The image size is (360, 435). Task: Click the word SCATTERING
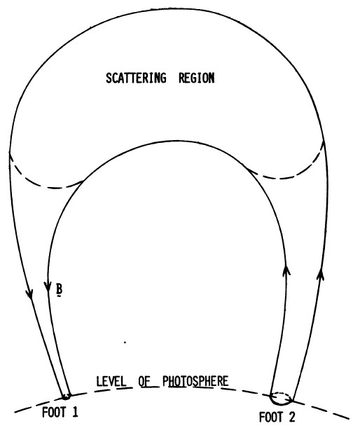pyautogui.click(x=136, y=78)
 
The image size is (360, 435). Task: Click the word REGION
pyautogui.click(x=197, y=78)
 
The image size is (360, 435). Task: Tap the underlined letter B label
pyautogui.click(x=59, y=289)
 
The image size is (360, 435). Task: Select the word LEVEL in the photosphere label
pyautogui.click(x=111, y=382)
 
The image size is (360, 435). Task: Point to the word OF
pyautogui.click(x=144, y=382)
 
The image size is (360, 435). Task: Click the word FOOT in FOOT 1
pyautogui.click(x=53, y=413)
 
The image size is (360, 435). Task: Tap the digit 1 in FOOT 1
pyautogui.click(x=75, y=413)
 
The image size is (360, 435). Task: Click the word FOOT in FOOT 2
pyautogui.click(x=270, y=417)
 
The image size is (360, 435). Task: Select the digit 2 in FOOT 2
pyautogui.click(x=291, y=417)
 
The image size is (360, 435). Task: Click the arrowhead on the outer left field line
pyautogui.click(x=29, y=294)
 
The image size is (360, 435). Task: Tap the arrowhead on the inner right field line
pyautogui.click(x=286, y=270)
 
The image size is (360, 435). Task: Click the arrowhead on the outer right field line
pyautogui.click(x=321, y=274)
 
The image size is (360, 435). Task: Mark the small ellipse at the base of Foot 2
pyautogui.click(x=281, y=399)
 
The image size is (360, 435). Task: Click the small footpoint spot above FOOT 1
pyautogui.click(x=66, y=397)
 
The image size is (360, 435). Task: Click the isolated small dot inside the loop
pyautogui.click(x=125, y=343)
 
